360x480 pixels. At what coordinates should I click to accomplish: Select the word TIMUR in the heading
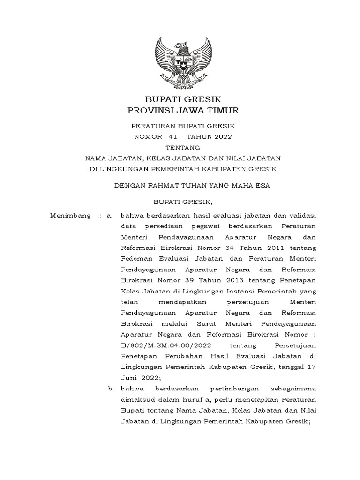pyautogui.click(x=221, y=110)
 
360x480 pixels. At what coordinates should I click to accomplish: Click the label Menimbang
pyautogui.click(x=70, y=215)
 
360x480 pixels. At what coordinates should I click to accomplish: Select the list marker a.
pyautogui.click(x=110, y=216)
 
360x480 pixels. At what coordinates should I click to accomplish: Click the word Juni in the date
pyautogui.click(x=130, y=378)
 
